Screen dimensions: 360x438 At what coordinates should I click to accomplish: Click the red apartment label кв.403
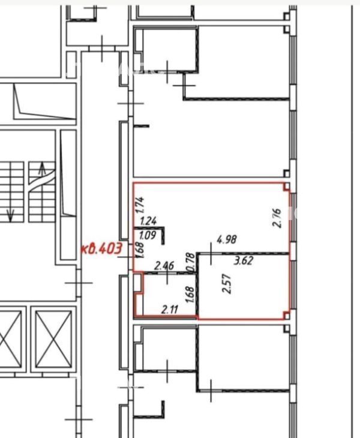point(101,248)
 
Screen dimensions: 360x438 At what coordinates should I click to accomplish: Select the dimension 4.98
point(227,239)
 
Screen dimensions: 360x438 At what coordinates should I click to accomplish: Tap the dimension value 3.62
point(243,260)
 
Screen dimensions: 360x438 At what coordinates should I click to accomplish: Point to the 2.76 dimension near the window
point(277,218)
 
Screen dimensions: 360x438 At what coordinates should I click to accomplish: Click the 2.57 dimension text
point(227,284)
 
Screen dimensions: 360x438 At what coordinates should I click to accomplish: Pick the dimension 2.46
point(165,265)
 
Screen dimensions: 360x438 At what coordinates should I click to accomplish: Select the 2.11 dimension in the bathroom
point(170,309)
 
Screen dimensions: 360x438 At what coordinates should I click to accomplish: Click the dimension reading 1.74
point(140,206)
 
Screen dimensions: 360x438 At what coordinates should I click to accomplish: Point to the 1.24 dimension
point(148,221)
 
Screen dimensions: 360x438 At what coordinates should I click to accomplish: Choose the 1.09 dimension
point(147,236)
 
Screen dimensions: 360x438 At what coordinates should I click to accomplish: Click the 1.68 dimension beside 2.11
point(190,295)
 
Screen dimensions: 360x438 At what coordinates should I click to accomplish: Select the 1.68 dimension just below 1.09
point(140,250)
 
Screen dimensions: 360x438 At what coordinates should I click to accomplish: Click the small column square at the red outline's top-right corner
point(287,187)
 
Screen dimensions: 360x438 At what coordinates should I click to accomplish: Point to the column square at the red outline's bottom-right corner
point(287,316)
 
